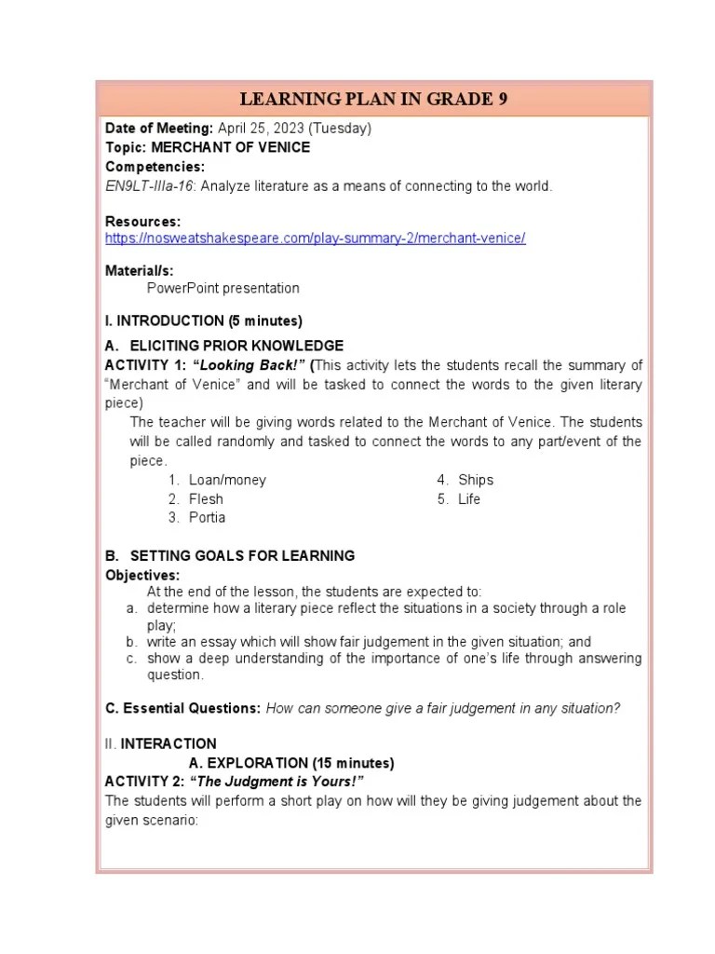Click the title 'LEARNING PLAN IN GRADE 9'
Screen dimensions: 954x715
(373, 100)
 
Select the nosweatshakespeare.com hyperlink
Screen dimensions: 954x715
(316, 238)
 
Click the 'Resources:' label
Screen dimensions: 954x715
(142, 222)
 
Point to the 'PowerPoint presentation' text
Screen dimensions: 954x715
(223, 288)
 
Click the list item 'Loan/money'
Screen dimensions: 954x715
(227, 480)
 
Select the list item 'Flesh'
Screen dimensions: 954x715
(206, 498)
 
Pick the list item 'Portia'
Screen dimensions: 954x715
(207, 517)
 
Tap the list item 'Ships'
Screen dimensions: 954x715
(476, 480)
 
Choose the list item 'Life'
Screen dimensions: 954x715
(469, 498)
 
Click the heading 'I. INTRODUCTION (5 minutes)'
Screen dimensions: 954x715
(204, 320)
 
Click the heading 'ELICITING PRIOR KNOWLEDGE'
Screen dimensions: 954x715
(236, 346)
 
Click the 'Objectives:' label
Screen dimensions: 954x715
(142, 575)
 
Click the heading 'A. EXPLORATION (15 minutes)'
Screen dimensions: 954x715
(291, 763)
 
